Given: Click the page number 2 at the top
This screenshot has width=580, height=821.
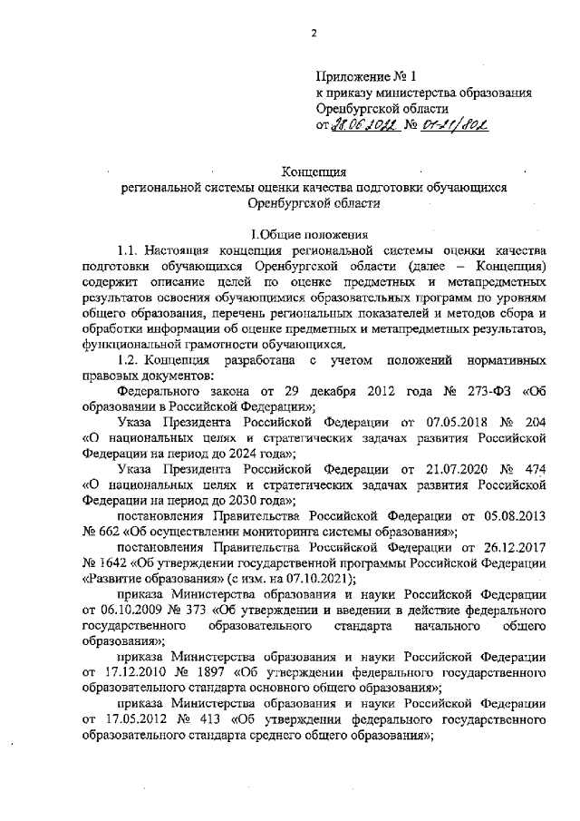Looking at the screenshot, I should coord(314,34).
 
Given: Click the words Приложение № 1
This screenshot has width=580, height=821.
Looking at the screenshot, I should coord(357,76).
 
